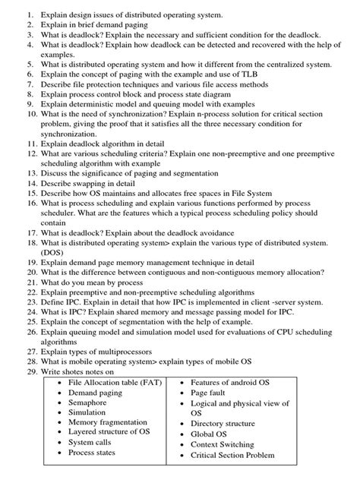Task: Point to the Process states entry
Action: click(92, 453)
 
